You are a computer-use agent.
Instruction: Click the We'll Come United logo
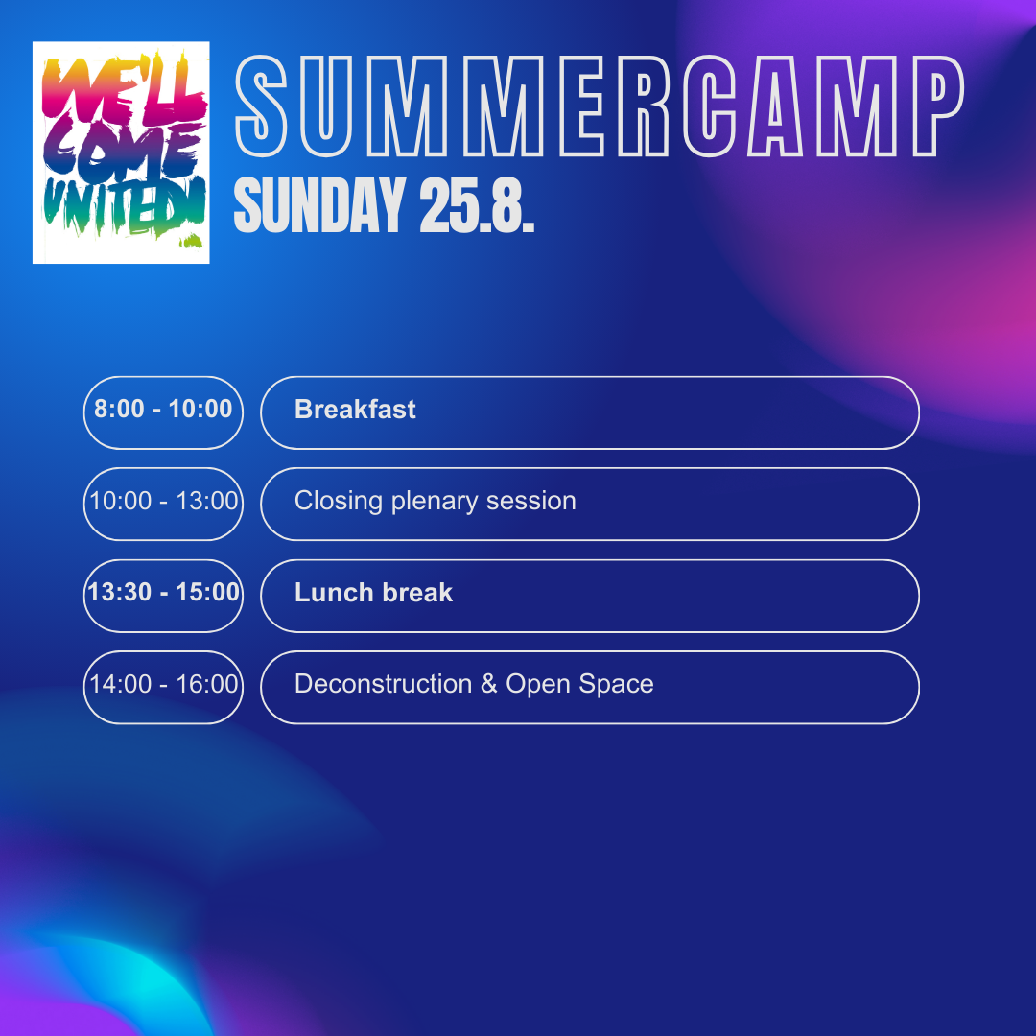[121, 153]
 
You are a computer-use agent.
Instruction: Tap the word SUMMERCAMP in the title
[600, 106]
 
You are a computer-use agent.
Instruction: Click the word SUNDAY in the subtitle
[319, 205]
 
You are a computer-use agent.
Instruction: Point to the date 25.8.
[477, 205]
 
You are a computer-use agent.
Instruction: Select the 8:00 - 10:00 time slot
[163, 409]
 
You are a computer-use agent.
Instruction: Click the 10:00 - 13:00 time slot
[163, 501]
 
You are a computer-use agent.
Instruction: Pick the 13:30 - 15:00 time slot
[163, 592]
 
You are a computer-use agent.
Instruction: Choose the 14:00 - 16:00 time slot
[163, 684]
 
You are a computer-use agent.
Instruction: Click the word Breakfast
[355, 410]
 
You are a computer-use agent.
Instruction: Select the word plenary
[435, 502]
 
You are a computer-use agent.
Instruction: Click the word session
[531, 502]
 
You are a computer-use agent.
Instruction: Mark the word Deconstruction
[383, 684]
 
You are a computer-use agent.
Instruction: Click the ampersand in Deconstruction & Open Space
[489, 684]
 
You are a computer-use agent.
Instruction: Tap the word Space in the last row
[617, 685]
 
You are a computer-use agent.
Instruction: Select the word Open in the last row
[538, 685]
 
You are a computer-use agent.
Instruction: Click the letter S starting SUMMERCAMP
[261, 106]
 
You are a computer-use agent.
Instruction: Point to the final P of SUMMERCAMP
[939, 106]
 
